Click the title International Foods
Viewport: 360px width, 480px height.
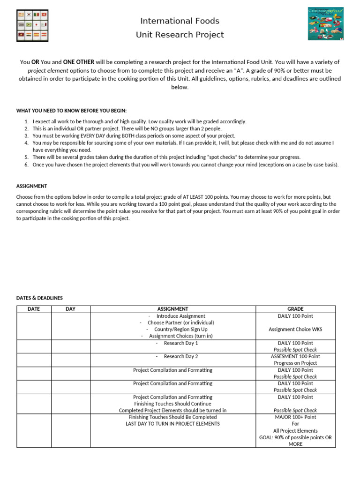(180, 21)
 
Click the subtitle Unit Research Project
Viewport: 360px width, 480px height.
(180, 35)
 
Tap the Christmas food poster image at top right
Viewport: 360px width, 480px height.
(325, 23)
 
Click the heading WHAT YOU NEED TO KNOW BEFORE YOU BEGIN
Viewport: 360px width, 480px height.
(71, 111)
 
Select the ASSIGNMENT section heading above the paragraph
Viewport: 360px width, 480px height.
(31, 186)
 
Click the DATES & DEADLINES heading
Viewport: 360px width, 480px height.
(39, 298)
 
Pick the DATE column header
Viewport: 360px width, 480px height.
(34, 309)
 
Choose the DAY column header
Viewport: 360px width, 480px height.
(70, 309)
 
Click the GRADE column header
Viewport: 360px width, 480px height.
(295, 309)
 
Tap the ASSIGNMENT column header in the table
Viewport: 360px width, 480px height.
(173, 309)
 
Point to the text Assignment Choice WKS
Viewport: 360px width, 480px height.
(295, 330)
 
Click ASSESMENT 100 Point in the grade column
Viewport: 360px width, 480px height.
(295, 357)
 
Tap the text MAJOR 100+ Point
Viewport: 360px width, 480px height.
(295, 417)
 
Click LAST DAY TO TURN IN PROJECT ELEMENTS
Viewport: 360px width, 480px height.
(172, 424)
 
